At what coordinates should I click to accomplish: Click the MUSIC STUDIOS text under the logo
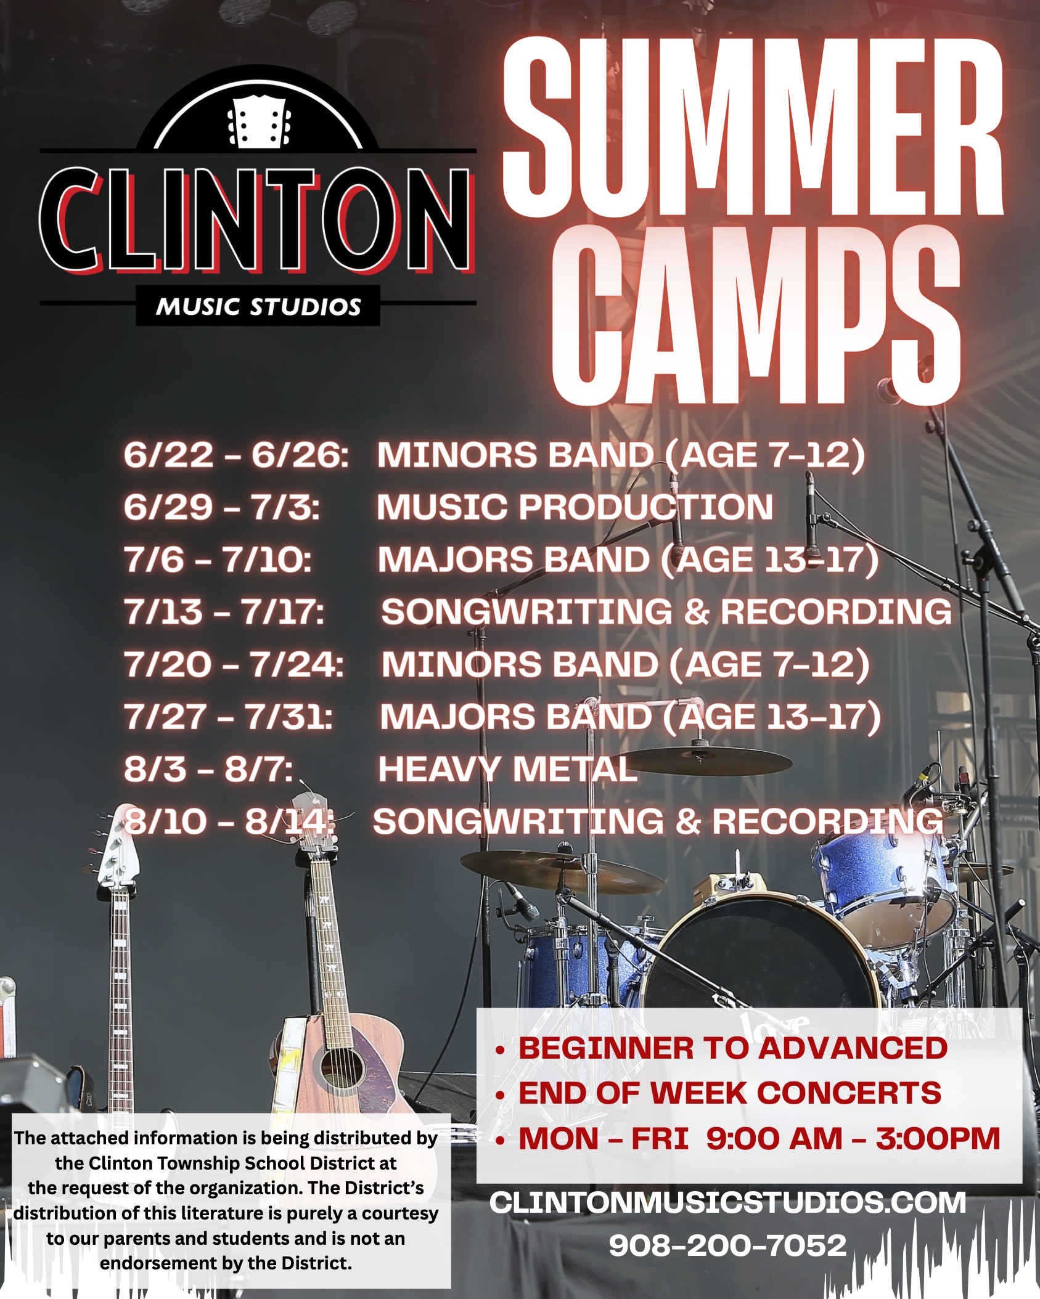pos(258,306)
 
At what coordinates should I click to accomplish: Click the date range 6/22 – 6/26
pos(236,455)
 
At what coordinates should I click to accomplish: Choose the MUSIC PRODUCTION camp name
pos(575,507)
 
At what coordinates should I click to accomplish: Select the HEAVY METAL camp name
pos(507,769)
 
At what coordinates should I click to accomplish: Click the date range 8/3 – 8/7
pos(208,769)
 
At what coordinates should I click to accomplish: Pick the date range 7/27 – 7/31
pos(229,717)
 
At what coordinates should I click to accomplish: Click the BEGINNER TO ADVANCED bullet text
pos(732,1048)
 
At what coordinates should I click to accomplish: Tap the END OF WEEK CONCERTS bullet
pos(729,1093)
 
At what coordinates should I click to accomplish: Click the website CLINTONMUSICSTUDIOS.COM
pos(727,1202)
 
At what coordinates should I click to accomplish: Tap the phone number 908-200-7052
pos(727,1245)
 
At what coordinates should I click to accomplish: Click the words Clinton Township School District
pos(226,1163)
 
